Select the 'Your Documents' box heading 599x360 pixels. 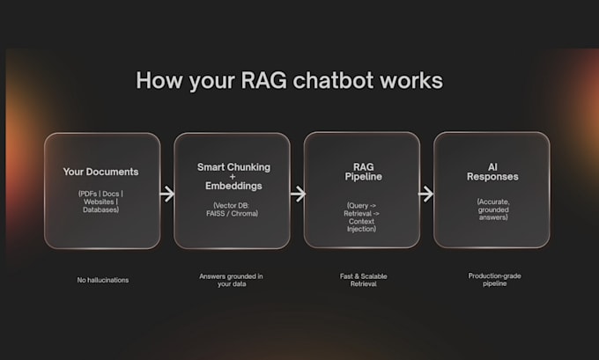(101, 171)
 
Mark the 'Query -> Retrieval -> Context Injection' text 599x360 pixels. (361, 217)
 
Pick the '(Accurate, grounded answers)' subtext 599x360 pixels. (492, 208)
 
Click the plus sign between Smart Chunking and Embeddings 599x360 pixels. (232, 176)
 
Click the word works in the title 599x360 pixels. (414, 81)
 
